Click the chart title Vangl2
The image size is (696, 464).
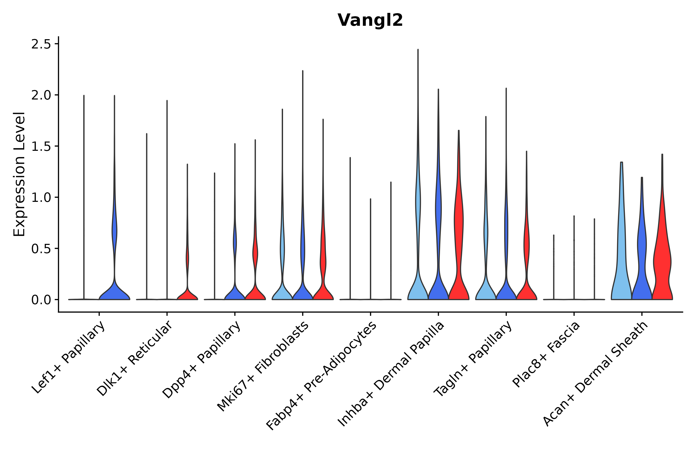(x=370, y=20)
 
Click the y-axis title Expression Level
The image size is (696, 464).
(x=19, y=174)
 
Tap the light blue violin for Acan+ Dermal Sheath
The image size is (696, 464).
(x=622, y=266)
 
